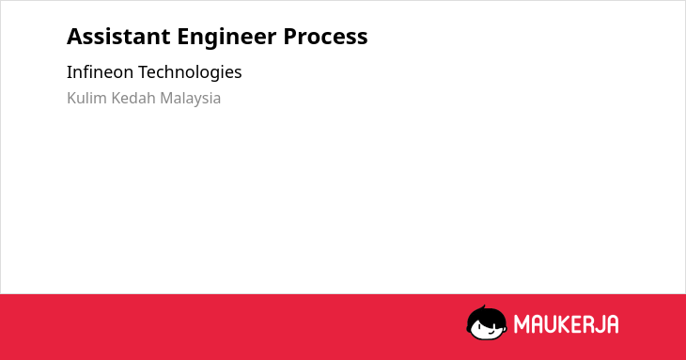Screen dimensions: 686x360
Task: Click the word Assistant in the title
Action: pyautogui.click(x=118, y=37)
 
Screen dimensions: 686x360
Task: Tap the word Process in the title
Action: pyautogui.click(x=325, y=37)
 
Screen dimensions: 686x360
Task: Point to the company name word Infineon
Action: pyautogui.click(x=100, y=71)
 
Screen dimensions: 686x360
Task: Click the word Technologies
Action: pyautogui.click(x=190, y=72)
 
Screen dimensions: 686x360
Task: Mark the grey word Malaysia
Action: pyautogui.click(x=191, y=99)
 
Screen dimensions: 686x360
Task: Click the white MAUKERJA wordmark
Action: pyautogui.click(x=566, y=324)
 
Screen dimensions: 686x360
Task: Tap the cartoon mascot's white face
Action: pyautogui.click(x=487, y=330)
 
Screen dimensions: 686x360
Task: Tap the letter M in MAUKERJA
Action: pyautogui.click(x=521, y=324)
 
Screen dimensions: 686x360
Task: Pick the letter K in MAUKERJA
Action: pyautogui.click(x=566, y=324)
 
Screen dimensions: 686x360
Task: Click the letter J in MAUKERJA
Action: pyautogui.click(x=600, y=324)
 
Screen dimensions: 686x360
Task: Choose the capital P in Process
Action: pyautogui.click(x=290, y=37)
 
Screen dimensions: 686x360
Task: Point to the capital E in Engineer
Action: pyautogui.click(x=183, y=37)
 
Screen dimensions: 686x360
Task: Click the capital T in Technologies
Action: pyautogui.click(x=144, y=72)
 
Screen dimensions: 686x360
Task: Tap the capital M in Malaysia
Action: pyautogui.click(x=167, y=98)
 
